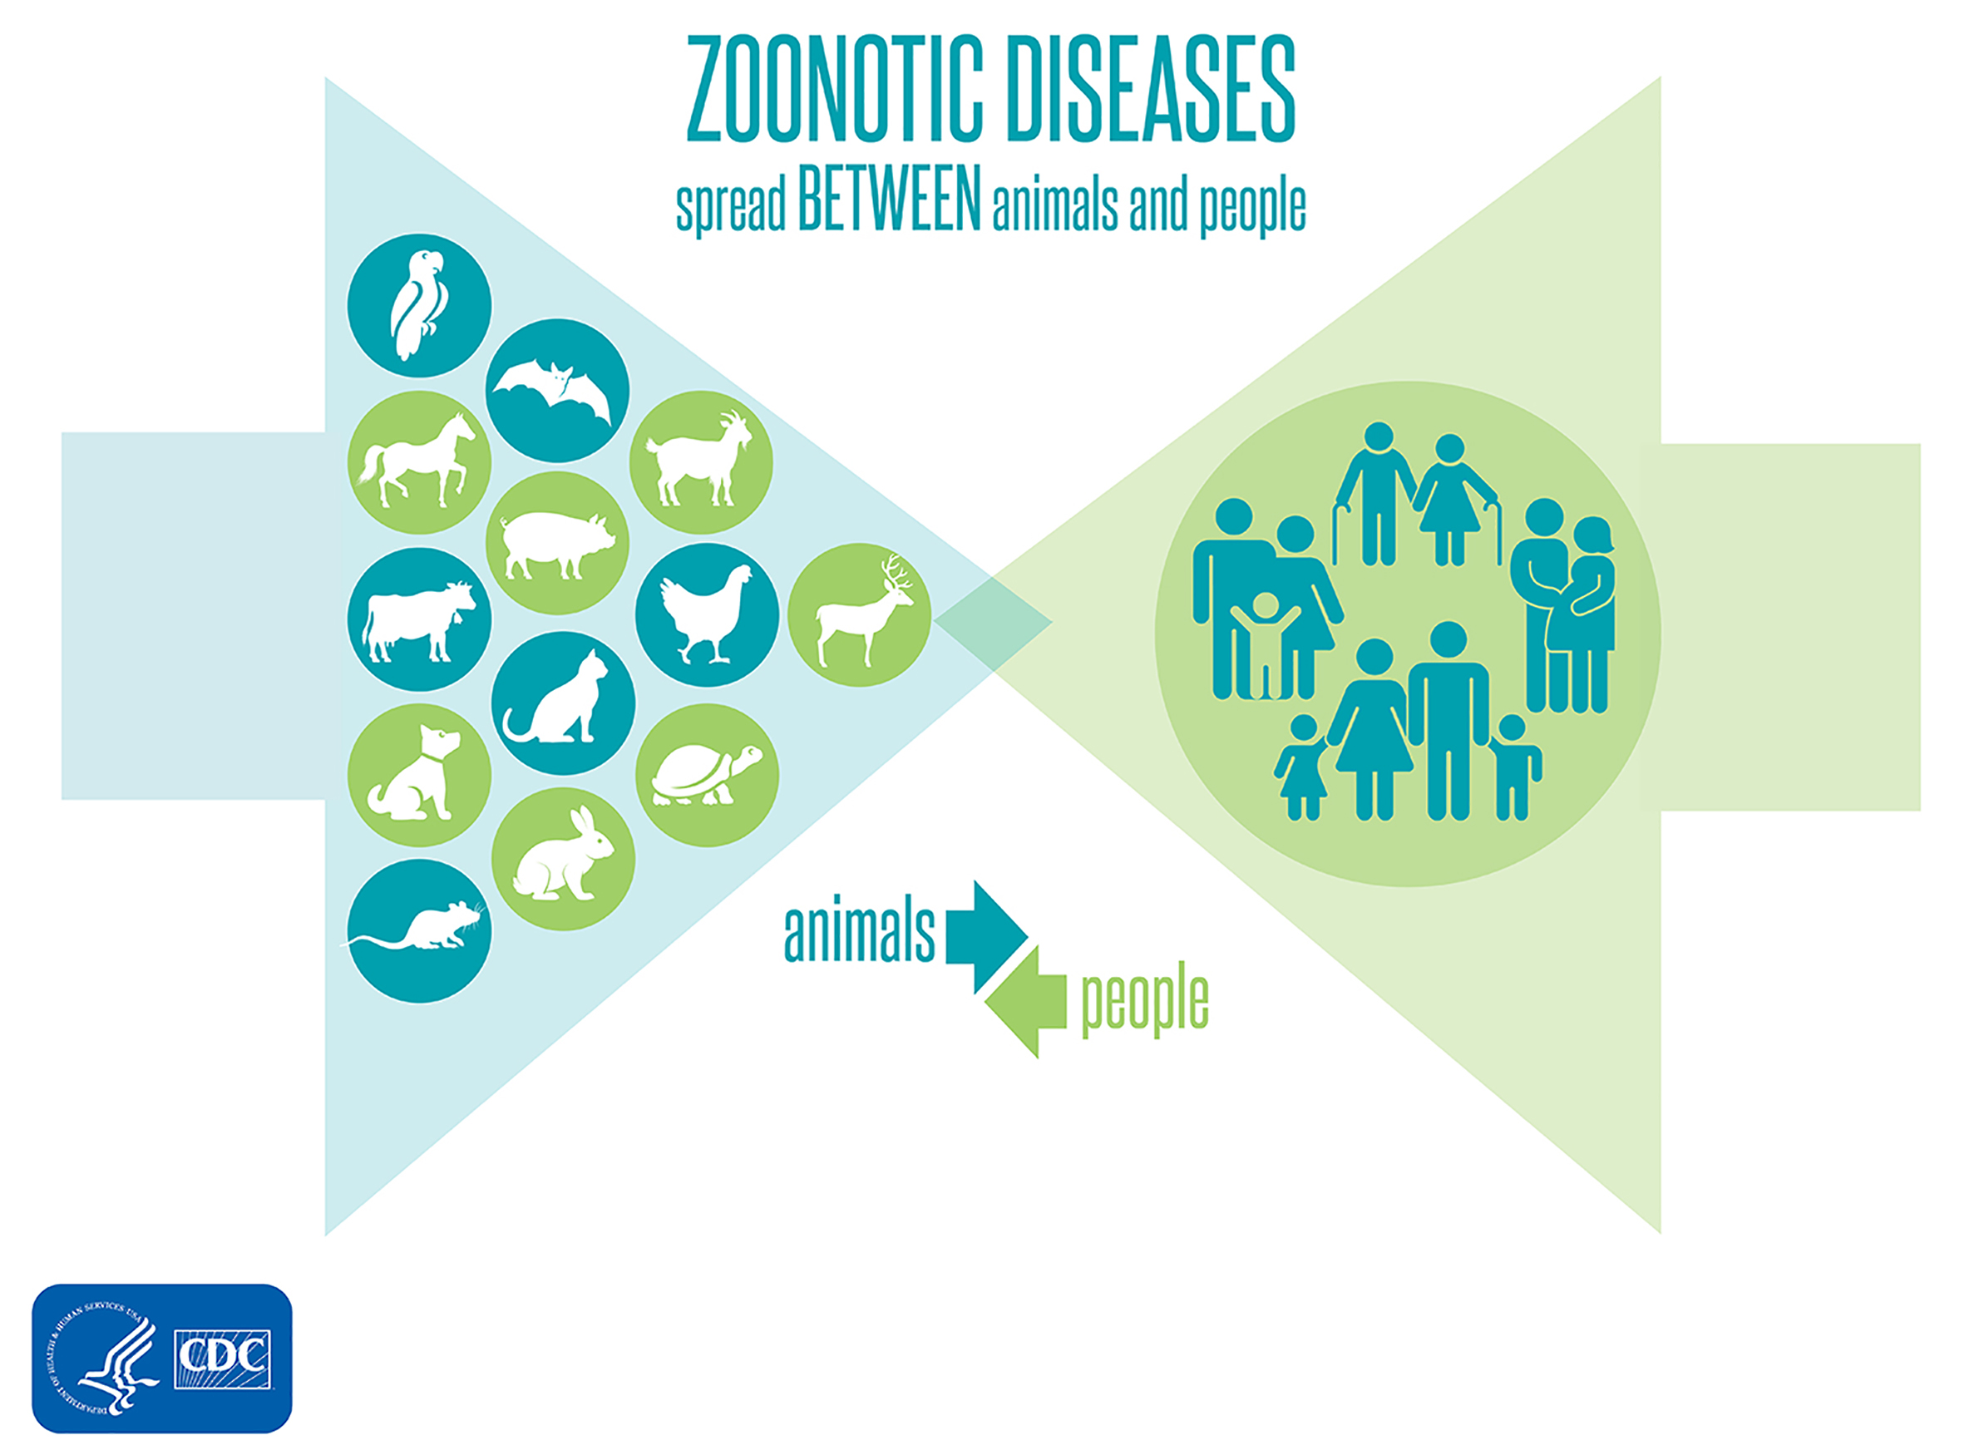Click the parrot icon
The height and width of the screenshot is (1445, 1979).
pos(418,305)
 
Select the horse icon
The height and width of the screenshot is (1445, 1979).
pos(418,461)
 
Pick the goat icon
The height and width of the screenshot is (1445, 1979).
pos(700,461)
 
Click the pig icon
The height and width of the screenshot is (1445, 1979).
pos(556,544)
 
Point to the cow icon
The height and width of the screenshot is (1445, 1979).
pos(418,620)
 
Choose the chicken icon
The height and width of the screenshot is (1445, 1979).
pos(705,615)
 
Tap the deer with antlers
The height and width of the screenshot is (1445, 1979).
pos(861,612)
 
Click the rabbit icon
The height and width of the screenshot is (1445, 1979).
pos(564,856)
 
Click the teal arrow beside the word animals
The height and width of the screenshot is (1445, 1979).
pos(987,937)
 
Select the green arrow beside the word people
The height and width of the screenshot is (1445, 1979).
pos(1026,1002)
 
